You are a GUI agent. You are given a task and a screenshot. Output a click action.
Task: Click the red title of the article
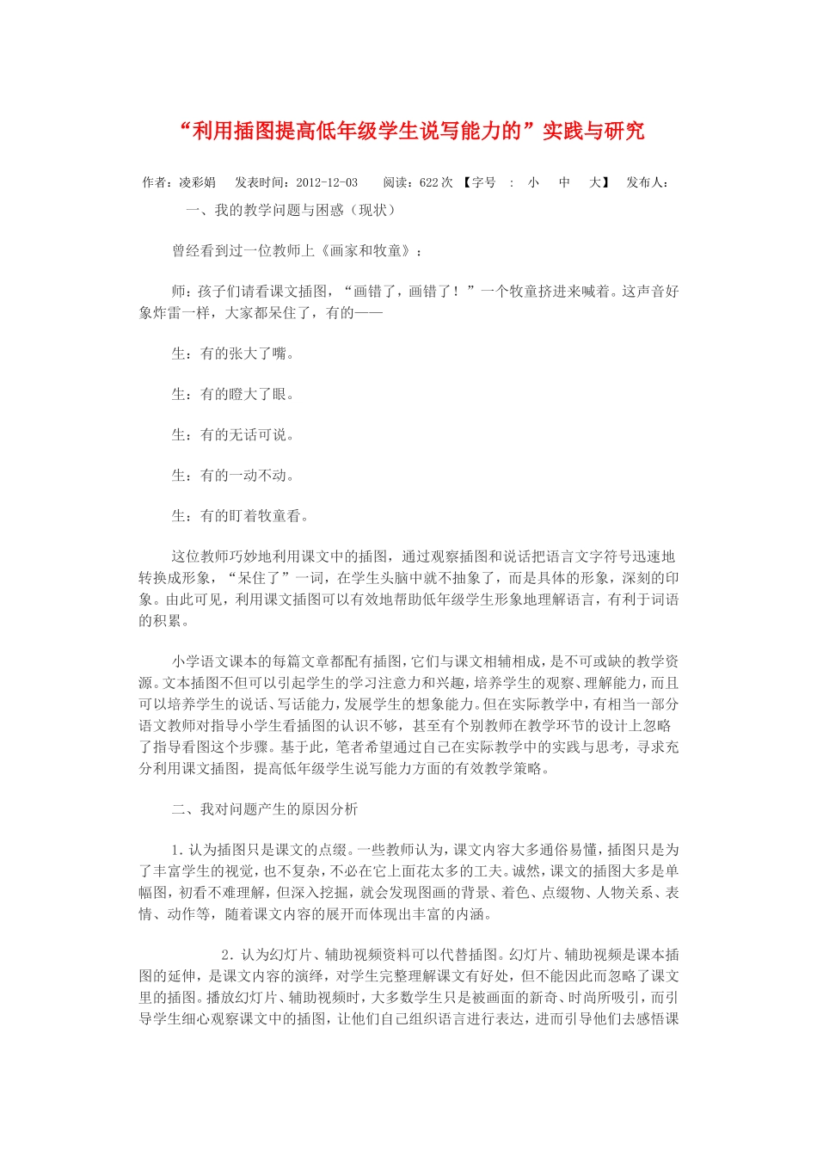pos(413,131)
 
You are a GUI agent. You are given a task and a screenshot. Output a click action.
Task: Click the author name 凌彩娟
pos(197,182)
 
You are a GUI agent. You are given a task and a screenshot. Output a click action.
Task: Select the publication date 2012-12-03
pos(327,182)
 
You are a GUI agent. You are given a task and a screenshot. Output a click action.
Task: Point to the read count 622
pos(428,182)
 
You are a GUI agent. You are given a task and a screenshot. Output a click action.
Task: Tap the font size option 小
pos(533,182)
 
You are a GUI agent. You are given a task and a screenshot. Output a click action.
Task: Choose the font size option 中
pos(564,182)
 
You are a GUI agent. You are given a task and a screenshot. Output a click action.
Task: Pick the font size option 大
pos(594,182)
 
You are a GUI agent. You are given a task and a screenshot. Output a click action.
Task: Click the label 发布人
pos(646,182)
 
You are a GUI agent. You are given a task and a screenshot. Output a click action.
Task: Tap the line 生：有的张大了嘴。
pos(233,354)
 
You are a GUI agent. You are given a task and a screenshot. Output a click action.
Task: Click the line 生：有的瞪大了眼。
pos(233,395)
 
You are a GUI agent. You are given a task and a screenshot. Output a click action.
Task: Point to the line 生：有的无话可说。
pos(233,435)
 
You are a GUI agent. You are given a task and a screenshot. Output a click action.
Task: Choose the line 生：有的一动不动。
pos(233,476)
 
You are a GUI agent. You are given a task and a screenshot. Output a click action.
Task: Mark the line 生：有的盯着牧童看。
pos(240,516)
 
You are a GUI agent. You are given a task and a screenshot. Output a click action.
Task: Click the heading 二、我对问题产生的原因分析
pos(265,809)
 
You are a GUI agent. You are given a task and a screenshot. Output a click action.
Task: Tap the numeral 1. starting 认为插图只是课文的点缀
pos(178,851)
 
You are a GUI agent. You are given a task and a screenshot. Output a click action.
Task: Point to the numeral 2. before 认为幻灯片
pos(227,955)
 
